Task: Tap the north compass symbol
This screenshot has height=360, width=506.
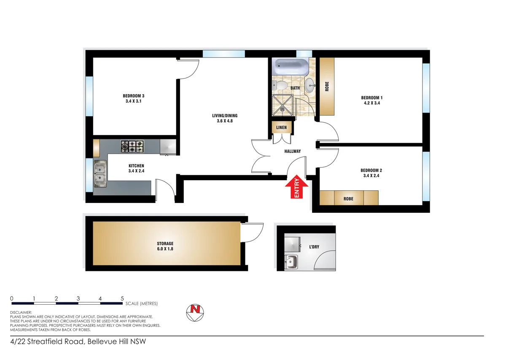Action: (195, 311)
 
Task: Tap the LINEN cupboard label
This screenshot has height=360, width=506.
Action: (281, 127)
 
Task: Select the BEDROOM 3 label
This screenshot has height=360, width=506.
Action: (134, 96)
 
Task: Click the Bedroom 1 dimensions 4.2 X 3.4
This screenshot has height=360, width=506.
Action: (371, 103)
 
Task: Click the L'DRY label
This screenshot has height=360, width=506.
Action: (314, 247)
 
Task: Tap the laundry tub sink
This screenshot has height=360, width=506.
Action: (291, 263)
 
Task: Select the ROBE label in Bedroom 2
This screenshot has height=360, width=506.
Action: (348, 198)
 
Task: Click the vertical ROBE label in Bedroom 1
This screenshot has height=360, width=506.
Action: (327, 87)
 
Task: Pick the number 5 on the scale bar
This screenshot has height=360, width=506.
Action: (122, 298)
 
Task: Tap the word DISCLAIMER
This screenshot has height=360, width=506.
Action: (21, 313)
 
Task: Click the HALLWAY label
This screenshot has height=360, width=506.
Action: (292, 151)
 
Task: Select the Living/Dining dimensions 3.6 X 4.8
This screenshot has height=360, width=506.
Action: (222, 121)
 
